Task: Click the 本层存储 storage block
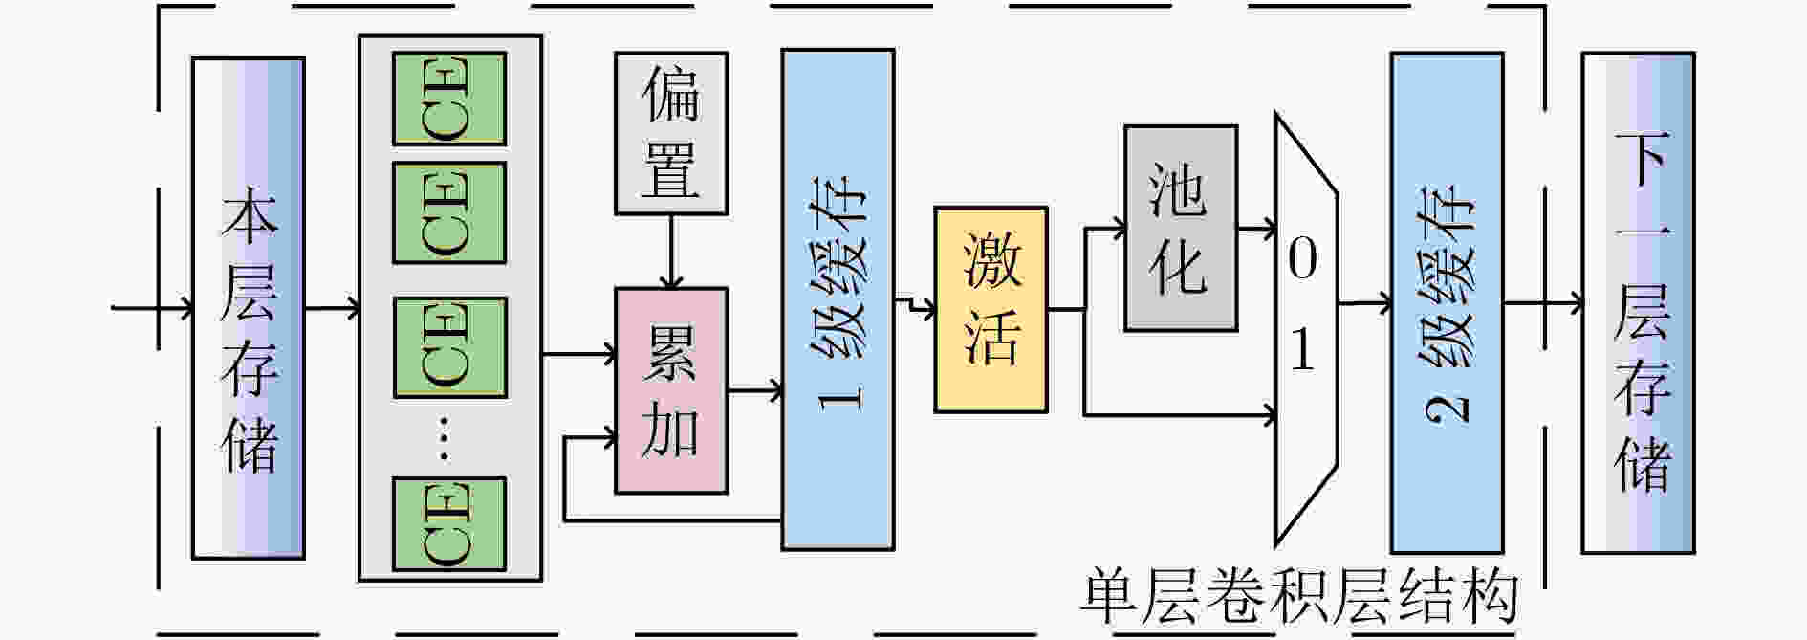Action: tap(249, 308)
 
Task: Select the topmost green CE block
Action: tap(449, 99)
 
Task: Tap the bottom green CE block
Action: tap(449, 524)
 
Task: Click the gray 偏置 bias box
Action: tap(670, 133)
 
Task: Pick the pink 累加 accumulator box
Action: tap(670, 390)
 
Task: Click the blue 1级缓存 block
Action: tap(838, 299)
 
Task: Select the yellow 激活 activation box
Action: tap(991, 310)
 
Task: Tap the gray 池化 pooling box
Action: tap(1181, 229)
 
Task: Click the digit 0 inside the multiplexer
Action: tap(1302, 259)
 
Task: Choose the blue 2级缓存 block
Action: tap(1448, 302)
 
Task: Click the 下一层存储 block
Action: tap(1639, 302)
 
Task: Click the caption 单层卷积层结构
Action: tap(1300, 597)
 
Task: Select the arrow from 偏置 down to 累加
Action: tap(671, 252)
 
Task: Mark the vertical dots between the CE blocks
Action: tap(444, 439)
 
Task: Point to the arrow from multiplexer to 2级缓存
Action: tap(1364, 304)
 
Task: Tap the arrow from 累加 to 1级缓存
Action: tap(755, 390)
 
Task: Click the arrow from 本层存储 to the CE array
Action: tap(333, 308)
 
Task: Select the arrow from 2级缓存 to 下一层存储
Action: tap(1543, 305)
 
